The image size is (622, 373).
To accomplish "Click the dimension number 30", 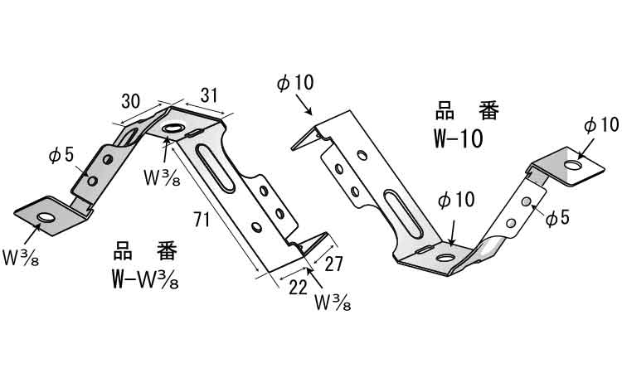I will [131, 101].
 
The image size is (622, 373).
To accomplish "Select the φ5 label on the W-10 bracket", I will [558, 217].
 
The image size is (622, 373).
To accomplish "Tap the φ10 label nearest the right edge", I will [600, 124].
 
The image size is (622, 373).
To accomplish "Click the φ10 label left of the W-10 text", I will [295, 83].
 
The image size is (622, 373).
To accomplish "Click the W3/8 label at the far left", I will [21, 256].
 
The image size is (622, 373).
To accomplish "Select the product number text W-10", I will [458, 138].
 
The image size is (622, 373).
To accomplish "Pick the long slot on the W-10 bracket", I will [397, 214].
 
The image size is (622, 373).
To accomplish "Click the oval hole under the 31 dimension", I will [173, 128].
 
